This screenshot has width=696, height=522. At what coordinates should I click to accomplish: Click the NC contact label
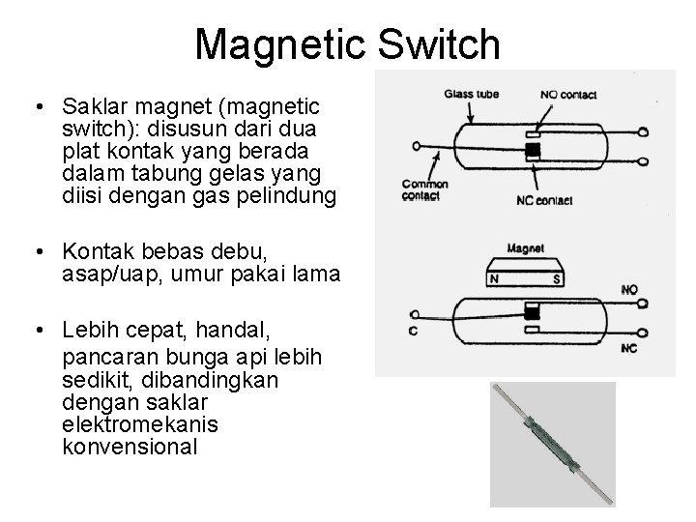point(546,200)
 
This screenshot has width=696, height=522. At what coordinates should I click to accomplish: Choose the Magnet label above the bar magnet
point(524,248)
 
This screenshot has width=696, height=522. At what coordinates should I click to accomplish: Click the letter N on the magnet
point(494,281)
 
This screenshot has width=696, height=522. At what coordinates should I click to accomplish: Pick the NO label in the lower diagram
point(628,289)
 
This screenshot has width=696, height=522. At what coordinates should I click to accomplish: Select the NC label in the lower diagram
point(628,347)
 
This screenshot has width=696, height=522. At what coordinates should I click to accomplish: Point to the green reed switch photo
point(552,442)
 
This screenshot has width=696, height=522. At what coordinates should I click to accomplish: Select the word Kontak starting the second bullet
point(94,251)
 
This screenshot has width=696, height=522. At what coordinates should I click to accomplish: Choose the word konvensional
point(130,448)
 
